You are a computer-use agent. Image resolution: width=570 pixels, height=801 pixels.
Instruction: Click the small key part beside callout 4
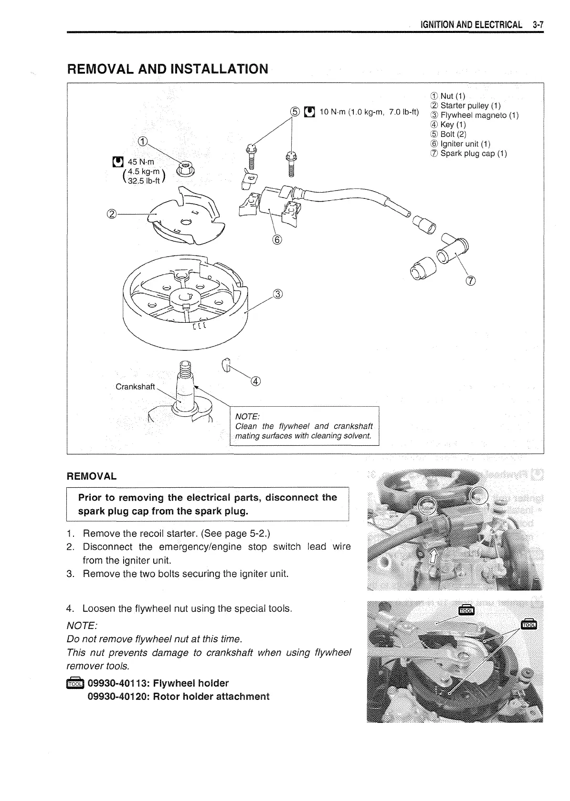tap(226, 365)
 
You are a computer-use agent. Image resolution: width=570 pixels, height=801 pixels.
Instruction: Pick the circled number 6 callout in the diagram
tap(277, 239)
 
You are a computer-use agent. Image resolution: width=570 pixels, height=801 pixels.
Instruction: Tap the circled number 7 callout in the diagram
tap(470, 281)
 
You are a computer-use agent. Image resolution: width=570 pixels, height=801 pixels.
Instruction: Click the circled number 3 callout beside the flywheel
tap(278, 294)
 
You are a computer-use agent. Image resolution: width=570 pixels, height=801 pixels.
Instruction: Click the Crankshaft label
tap(135, 387)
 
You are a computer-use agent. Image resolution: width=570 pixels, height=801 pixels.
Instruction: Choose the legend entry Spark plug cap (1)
tap(473, 154)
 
